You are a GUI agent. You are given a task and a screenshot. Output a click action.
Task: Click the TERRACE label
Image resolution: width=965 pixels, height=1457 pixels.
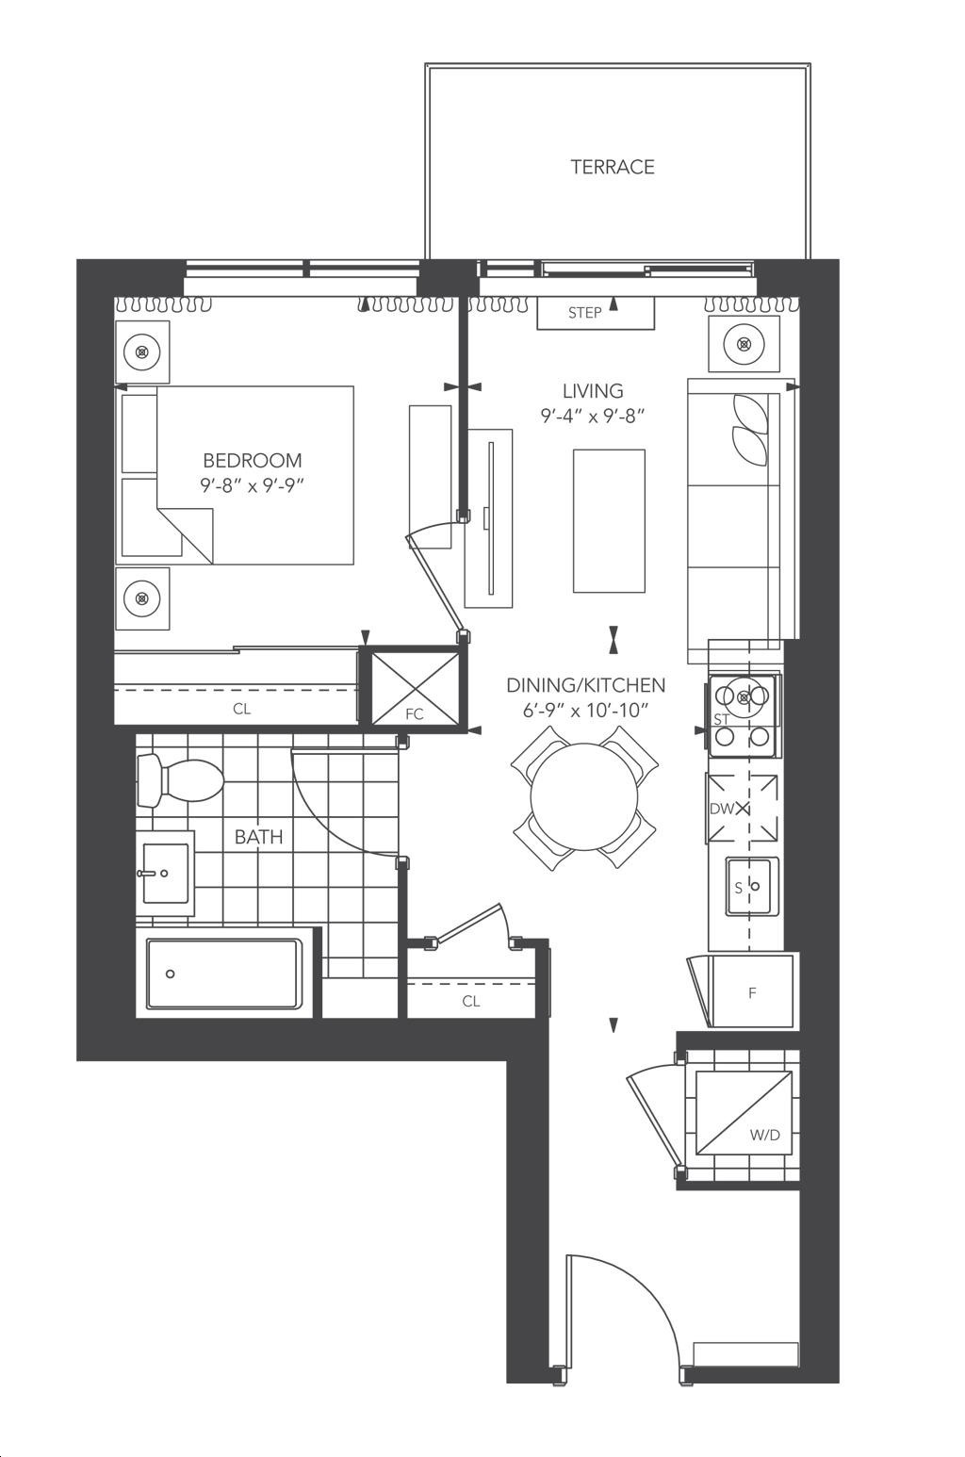point(613,167)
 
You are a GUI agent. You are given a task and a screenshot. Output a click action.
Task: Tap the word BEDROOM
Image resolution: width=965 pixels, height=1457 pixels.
point(253,461)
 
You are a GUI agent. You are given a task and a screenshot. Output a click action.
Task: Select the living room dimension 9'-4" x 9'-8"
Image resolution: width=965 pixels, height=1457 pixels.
point(593,417)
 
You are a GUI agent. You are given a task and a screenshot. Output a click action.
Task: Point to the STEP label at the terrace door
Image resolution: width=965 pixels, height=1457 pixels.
point(584,313)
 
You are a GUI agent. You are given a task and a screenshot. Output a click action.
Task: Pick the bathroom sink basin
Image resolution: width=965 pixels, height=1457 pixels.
point(166,874)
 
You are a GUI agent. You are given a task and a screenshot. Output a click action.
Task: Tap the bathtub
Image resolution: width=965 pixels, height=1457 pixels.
point(225,974)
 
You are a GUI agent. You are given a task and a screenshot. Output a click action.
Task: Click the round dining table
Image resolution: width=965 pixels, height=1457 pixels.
point(584,796)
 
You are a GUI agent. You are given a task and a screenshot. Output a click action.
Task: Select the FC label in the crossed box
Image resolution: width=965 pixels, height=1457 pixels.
point(415,714)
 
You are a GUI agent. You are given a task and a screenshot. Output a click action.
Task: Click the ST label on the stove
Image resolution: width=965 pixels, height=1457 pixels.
point(721,719)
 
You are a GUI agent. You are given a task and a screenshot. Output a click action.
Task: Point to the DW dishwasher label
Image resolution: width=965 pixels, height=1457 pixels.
point(722,810)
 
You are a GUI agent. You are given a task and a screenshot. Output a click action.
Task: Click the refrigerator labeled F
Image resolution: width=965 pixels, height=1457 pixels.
point(753,991)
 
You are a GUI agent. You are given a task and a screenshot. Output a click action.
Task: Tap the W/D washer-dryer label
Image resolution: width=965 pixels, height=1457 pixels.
point(764,1136)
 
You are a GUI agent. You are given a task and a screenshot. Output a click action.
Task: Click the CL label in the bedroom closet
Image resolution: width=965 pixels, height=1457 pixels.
point(242,709)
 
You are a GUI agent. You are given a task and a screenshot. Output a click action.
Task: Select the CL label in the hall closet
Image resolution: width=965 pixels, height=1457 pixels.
point(471,1002)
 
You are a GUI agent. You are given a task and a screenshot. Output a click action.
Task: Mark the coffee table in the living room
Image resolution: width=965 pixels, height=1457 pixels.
point(609,520)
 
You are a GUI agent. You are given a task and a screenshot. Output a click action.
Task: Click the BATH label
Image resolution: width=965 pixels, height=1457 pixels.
point(259,837)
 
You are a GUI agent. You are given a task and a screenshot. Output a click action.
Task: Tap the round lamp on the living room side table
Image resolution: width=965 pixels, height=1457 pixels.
point(744,343)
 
